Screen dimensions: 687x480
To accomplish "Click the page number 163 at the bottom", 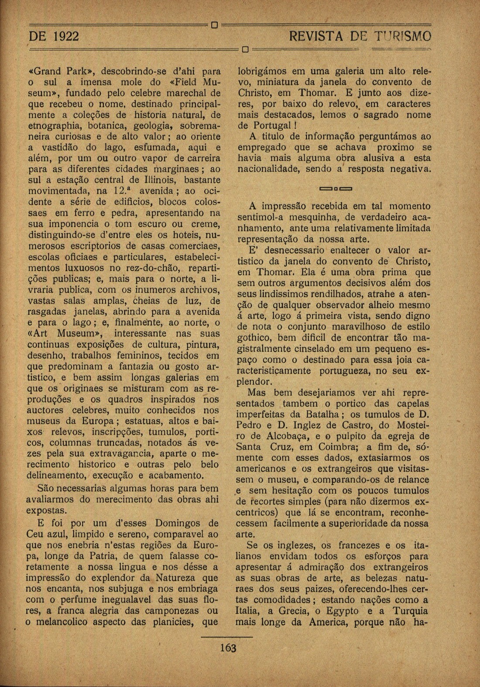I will tap(228, 648).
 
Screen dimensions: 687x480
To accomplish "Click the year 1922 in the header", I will tap(65, 35).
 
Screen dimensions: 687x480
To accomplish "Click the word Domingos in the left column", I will tap(181, 523).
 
